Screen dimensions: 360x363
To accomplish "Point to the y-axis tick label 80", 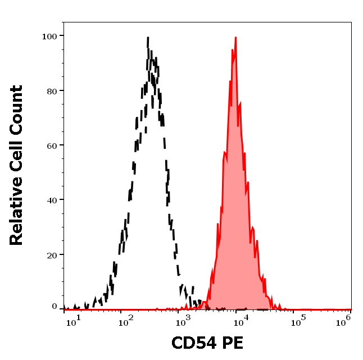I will (x=51, y=90).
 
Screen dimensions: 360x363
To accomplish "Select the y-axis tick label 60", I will (x=51, y=145).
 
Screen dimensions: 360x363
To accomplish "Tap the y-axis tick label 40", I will (x=51, y=200).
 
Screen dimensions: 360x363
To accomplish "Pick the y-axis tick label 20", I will (x=51, y=255).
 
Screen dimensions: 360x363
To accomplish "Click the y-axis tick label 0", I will (x=54, y=307).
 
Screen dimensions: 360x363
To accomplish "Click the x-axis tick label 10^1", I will (x=74, y=320).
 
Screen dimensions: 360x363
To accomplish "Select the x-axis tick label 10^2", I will (x=125, y=320).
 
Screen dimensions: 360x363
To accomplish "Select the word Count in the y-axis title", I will (x=17, y=109).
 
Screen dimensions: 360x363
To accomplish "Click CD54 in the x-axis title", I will (x=194, y=343).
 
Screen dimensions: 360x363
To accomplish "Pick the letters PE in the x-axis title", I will (x=233, y=343).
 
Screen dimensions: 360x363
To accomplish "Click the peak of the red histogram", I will (x=235, y=38).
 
